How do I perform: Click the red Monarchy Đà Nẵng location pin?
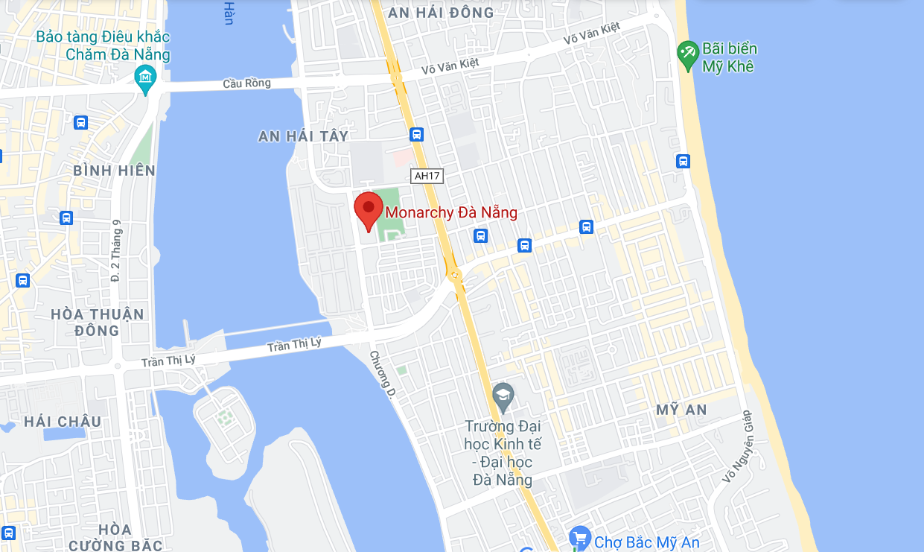(x=368, y=210)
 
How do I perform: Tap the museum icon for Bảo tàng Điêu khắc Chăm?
(x=145, y=77)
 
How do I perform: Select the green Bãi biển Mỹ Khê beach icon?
(x=687, y=51)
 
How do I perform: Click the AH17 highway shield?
(x=427, y=176)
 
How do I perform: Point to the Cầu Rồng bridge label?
(x=246, y=83)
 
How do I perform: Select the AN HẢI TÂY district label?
(x=303, y=136)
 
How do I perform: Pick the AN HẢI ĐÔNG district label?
(x=441, y=13)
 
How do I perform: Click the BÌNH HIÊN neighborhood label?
(x=115, y=171)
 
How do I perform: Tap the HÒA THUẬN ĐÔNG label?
(x=97, y=322)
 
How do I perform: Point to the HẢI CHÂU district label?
(x=63, y=422)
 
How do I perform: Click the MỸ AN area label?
(x=682, y=410)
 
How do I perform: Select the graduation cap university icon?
(x=503, y=396)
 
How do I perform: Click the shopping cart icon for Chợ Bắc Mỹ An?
(x=579, y=538)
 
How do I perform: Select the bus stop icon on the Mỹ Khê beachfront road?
(x=683, y=161)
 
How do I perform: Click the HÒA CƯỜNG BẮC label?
(x=115, y=537)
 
